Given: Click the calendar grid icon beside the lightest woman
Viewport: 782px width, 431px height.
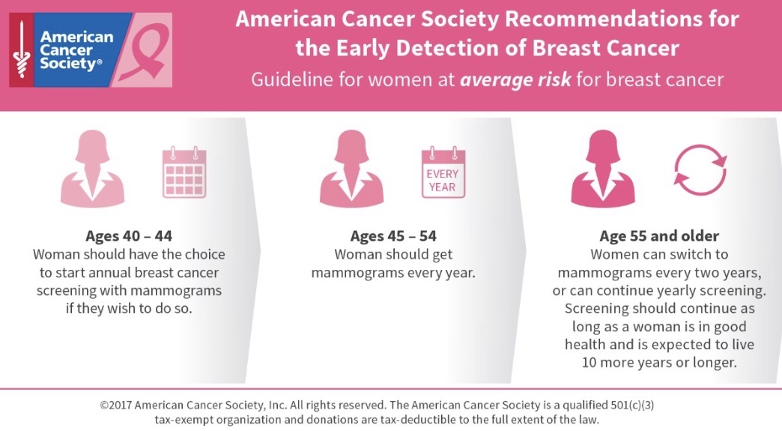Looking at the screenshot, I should [x=184, y=173].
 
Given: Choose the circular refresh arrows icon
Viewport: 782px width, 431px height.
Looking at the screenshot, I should [x=700, y=170].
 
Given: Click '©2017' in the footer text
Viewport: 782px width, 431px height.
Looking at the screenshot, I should [x=115, y=405].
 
